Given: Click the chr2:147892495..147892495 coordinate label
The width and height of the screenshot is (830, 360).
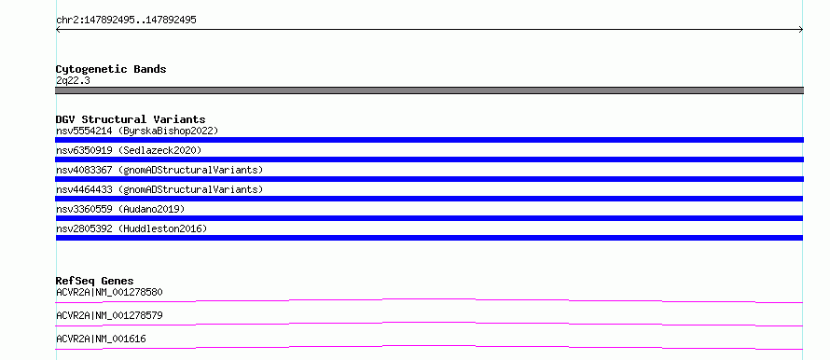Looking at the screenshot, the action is click(x=126, y=21).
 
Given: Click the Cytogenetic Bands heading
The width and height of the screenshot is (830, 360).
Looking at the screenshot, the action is click(x=111, y=69).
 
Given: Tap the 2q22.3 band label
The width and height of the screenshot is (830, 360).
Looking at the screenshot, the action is click(x=73, y=80).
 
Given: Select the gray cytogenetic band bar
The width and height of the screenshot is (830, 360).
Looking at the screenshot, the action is click(x=429, y=90).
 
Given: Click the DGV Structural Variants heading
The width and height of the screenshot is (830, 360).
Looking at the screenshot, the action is click(x=131, y=119).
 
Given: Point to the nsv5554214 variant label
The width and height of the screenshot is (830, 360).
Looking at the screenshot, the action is click(x=137, y=131).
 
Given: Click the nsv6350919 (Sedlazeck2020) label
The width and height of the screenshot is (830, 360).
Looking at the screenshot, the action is click(x=129, y=150).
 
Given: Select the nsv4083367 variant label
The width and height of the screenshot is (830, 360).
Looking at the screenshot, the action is click(x=159, y=170).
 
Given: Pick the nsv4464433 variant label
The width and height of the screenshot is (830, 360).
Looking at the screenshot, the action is click(x=159, y=189).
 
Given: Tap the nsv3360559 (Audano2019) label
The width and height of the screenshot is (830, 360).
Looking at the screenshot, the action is click(x=120, y=209).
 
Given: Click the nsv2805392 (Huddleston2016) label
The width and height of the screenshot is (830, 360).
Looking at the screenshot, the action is click(x=131, y=228).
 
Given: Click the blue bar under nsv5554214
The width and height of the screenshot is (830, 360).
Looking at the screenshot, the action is click(x=429, y=140).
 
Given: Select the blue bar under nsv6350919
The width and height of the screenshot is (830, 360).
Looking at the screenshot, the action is click(x=429, y=159).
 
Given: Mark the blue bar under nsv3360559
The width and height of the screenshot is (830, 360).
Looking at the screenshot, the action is click(x=429, y=218).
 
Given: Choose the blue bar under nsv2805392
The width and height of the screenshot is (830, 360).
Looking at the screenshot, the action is click(x=429, y=238).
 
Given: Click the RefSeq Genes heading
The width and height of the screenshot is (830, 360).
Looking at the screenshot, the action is click(x=95, y=281).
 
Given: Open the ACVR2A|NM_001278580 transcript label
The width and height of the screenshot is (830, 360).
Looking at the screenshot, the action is click(x=109, y=292).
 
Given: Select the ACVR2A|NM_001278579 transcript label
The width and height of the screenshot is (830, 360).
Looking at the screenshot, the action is click(x=109, y=315).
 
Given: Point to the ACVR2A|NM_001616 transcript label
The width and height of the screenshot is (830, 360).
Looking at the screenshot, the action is click(x=101, y=339).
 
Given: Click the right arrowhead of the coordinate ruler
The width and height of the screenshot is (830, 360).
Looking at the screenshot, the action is click(x=801, y=30).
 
